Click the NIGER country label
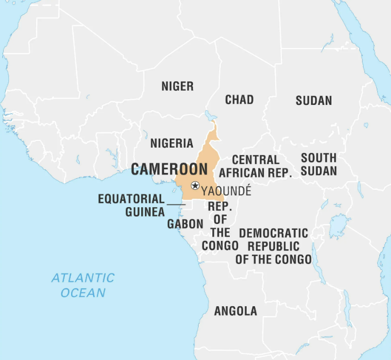click(x=177, y=86)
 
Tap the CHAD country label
click(x=239, y=100)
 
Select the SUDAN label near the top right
click(x=314, y=101)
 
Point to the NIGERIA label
click(x=172, y=143)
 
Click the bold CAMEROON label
click(x=169, y=169)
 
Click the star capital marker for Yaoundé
click(x=195, y=186)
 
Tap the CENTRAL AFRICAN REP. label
click(x=256, y=166)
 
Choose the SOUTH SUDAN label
click(x=319, y=164)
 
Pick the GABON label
click(x=185, y=224)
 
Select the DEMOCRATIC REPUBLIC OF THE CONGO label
click(x=273, y=246)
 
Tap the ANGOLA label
click(x=236, y=311)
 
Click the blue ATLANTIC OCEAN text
click(x=83, y=285)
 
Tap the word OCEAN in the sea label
click(x=83, y=293)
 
